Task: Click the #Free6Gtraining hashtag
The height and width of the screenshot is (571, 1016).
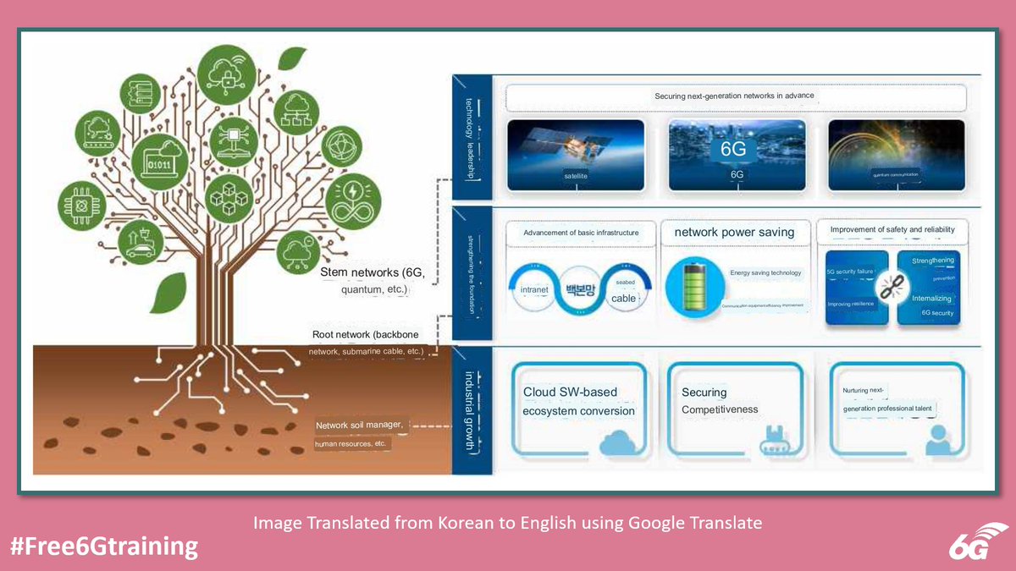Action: pyautogui.click(x=104, y=546)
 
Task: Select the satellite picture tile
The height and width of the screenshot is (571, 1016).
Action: pyautogui.click(x=576, y=155)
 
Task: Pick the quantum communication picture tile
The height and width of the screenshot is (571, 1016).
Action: pyautogui.click(x=896, y=155)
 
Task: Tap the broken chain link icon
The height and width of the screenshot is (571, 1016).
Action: pyautogui.click(x=893, y=288)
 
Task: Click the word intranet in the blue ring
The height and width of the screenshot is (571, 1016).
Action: pyautogui.click(x=534, y=289)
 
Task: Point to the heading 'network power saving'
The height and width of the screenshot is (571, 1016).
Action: pyautogui.click(x=734, y=233)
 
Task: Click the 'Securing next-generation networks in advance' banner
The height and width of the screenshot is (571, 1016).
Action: pyautogui.click(x=734, y=96)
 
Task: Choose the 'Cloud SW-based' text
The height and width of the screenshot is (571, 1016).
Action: pyautogui.click(x=570, y=393)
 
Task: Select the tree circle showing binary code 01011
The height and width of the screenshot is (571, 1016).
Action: pyautogui.click(x=160, y=162)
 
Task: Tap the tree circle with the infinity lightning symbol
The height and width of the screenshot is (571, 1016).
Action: pyautogui.click(x=352, y=202)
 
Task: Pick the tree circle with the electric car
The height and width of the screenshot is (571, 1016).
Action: pyautogui.click(x=141, y=243)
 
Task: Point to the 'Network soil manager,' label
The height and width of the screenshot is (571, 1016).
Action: pyautogui.click(x=363, y=425)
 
